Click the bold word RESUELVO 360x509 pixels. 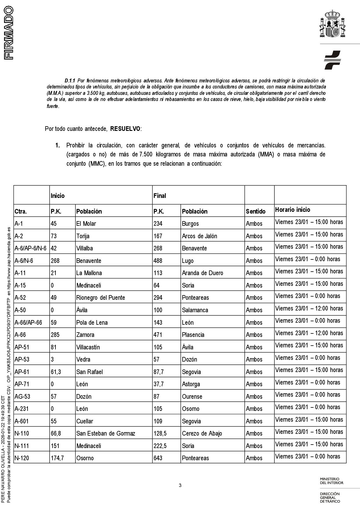coord(125,129)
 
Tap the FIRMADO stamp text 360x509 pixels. coord(9,33)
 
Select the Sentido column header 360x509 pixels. coord(255,211)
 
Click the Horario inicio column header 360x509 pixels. coord(293,210)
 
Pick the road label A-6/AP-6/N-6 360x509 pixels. coord(30,248)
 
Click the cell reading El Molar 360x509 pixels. coord(86,223)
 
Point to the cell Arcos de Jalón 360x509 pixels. coord(199,236)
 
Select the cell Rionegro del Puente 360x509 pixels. coord(100,297)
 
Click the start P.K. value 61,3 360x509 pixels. coord(56,372)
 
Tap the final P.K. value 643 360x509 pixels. coord(158,458)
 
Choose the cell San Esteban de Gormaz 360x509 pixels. coord(106,433)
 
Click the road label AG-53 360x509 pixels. coord(22,396)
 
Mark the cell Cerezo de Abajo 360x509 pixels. coord(202,433)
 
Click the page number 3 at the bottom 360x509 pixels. coord(180,485)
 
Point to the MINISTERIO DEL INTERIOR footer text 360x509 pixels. coord(332,481)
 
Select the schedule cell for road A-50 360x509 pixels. coord(309,308)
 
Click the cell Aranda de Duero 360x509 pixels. coord(202,273)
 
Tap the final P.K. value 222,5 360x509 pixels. coord(160,446)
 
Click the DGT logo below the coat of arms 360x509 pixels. coord(332,60)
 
